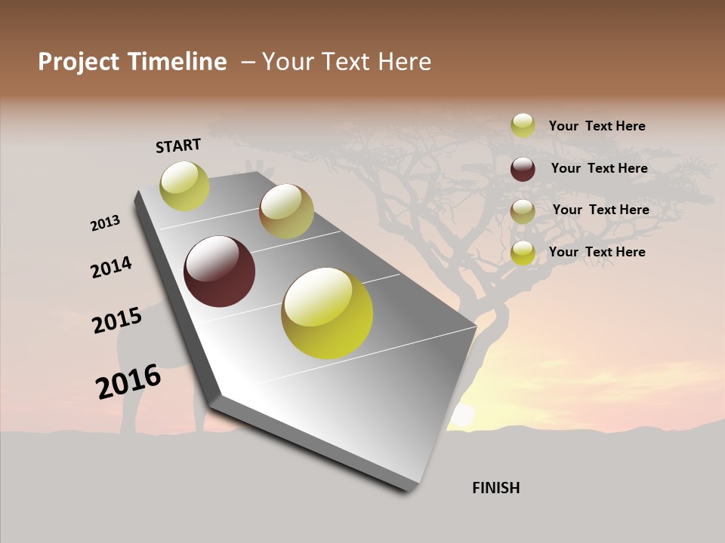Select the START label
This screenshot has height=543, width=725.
[178, 146]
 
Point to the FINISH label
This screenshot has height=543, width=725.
[495, 488]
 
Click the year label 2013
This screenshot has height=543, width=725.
[106, 223]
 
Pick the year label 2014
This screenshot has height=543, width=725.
[111, 267]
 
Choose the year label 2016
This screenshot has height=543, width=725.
[128, 382]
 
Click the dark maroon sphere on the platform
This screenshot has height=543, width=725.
[219, 271]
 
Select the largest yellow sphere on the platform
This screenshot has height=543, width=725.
[327, 313]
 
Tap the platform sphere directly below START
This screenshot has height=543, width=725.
[184, 186]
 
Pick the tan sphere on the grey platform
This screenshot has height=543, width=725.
[286, 211]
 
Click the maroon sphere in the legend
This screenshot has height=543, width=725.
[523, 169]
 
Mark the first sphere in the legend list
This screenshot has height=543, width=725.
[523, 125]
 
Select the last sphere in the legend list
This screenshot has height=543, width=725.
[523, 253]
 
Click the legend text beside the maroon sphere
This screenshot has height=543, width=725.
[599, 168]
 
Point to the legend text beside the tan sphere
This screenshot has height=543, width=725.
[600, 210]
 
